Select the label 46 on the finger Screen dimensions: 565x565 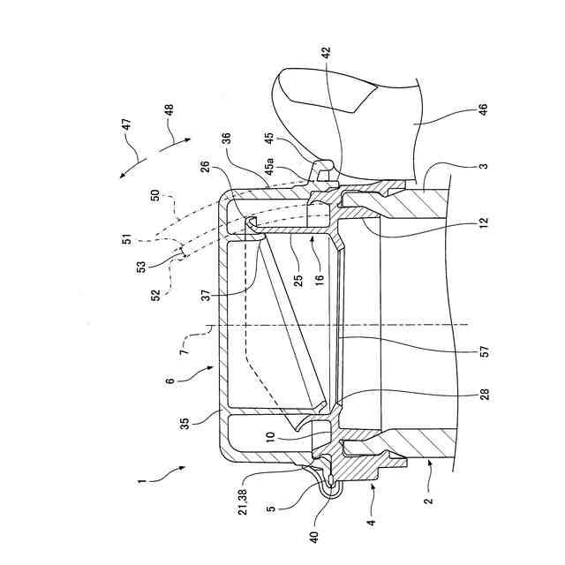[482, 111]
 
